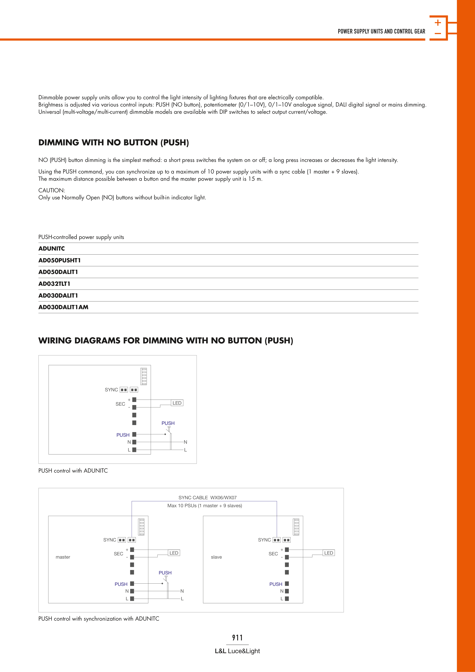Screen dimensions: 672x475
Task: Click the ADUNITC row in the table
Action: coord(52,248)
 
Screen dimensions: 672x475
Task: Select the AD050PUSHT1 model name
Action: coord(59,260)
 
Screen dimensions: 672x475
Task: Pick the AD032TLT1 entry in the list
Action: coord(54,284)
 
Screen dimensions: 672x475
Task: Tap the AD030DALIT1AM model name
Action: coord(63,307)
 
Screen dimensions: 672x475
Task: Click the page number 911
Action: coord(237,637)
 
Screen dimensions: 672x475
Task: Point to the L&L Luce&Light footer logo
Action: coord(237,651)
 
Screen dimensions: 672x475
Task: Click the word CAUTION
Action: coord(52,190)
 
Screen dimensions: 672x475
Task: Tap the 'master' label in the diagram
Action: coord(63,557)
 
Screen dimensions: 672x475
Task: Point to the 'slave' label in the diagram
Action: coord(216,557)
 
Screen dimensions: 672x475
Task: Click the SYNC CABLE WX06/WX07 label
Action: coord(208,498)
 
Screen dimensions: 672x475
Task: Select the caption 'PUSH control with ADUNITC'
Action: coord(73,471)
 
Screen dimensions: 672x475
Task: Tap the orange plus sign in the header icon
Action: coord(438,22)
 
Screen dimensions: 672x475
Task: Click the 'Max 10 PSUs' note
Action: coord(204,506)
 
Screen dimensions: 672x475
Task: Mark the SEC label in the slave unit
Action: coord(273,554)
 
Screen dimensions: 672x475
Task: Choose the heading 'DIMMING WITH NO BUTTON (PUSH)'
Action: coord(114,143)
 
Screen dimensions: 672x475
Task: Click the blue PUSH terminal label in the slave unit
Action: coord(276,584)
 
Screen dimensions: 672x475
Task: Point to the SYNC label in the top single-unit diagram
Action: coord(111,390)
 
